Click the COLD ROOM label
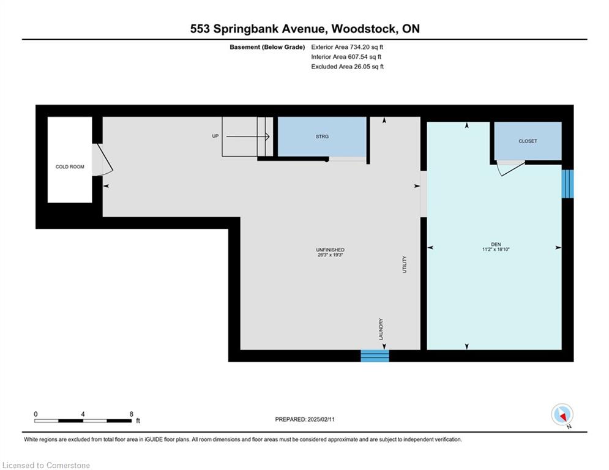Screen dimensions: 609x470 (x=70, y=166)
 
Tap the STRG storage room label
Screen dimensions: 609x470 (x=322, y=136)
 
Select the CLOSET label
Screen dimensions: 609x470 (x=528, y=141)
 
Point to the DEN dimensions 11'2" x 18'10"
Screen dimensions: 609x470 (x=496, y=249)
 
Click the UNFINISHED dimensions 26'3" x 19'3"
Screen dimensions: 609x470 (x=330, y=255)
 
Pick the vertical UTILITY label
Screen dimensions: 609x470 (x=405, y=264)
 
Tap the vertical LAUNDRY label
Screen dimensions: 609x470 (x=381, y=329)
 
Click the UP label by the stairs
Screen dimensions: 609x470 (x=215, y=136)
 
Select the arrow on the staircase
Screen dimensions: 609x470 (x=248, y=136)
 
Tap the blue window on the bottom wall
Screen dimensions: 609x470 (x=375, y=356)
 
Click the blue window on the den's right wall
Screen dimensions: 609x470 (x=567, y=184)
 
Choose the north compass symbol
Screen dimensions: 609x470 (x=562, y=415)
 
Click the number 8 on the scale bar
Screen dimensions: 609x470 (x=131, y=414)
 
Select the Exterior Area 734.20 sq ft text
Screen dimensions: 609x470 (x=347, y=47)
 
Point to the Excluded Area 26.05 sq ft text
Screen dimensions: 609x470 (x=347, y=67)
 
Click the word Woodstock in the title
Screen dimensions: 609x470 (x=364, y=29)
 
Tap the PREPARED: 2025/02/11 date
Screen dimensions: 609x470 (x=305, y=419)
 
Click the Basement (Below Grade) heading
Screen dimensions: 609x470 (x=267, y=47)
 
